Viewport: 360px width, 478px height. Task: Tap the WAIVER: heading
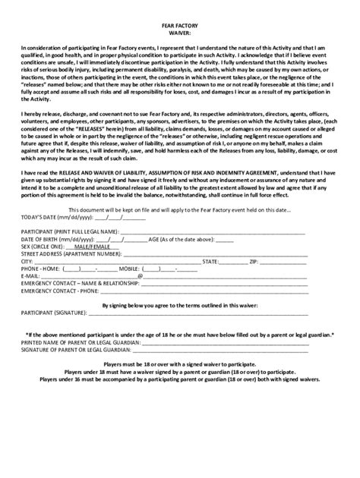click(x=179, y=32)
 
